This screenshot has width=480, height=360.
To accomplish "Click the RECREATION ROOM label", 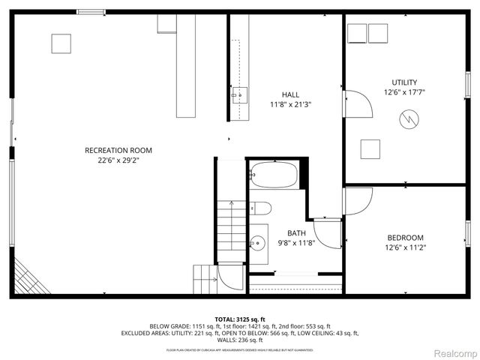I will tap(112, 150).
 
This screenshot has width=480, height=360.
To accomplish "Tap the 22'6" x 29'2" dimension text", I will tap(112, 160).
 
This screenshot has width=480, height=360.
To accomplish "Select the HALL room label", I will tap(290, 94).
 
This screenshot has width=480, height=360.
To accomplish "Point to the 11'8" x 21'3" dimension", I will tap(290, 105).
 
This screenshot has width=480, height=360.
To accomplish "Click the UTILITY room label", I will tap(404, 82).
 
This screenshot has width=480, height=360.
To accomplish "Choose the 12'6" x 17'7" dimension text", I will tap(404, 93).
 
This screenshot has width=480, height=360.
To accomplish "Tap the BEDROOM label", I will tap(405, 238).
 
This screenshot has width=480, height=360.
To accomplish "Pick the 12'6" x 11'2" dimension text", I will tap(405, 248).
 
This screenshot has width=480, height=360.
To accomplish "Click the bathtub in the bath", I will tap(274, 175).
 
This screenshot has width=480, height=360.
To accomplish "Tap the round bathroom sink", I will tap(258, 241).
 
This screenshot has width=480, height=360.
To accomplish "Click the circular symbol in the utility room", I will tap(409, 118).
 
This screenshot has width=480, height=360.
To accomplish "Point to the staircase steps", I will tap(232, 225).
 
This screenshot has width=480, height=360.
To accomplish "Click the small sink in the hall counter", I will tap(238, 94).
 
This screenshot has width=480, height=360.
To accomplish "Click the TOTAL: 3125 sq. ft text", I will tap(240, 318).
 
